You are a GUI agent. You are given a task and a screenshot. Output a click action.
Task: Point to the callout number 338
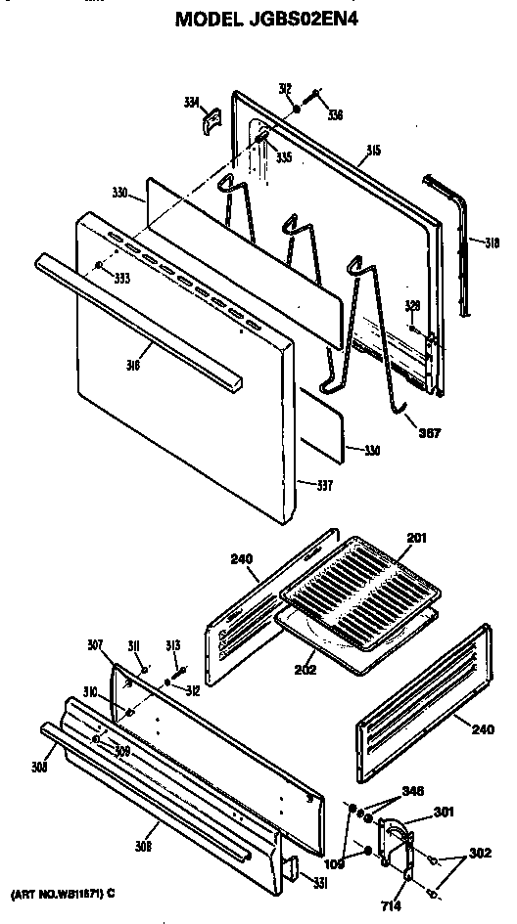click(335, 115)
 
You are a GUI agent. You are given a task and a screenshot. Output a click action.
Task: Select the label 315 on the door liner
click(373, 150)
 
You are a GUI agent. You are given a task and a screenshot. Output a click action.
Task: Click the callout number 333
click(120, 278)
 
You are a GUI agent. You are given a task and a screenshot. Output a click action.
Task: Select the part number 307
click(94, 644)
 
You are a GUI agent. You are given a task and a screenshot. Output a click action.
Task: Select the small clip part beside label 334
click(211, 122)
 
